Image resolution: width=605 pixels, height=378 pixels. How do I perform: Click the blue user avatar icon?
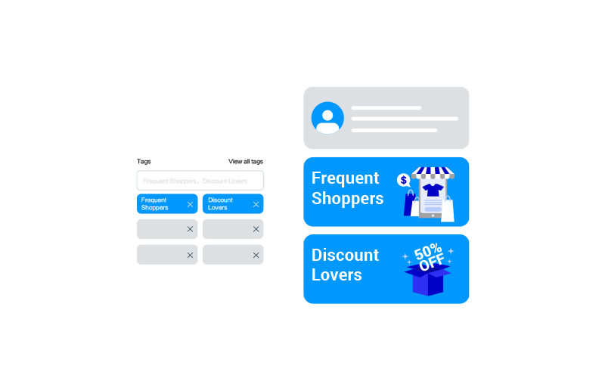tap(327, 118)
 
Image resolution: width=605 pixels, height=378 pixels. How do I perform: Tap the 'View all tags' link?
tap(246, 162)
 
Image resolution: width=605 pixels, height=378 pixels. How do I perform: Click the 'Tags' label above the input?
tap(144, 162)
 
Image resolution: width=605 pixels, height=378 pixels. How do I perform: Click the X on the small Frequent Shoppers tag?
tap(190, 204)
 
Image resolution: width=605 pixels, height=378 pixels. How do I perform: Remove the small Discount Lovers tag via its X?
tap(256, 204)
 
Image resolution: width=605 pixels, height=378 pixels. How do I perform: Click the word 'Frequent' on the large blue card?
tap(345, 178)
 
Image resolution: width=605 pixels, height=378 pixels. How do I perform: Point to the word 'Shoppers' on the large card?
tap(347, 198)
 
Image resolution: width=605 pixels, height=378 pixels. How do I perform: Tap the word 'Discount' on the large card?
tap(345, 256)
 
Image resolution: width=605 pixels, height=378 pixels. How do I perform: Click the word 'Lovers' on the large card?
tap(337, 275)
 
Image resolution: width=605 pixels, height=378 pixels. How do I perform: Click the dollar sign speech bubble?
tap(403, 180)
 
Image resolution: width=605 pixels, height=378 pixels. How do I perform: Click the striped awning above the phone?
tap(433, 173)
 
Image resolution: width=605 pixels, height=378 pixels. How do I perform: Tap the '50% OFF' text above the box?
tap(430, 256)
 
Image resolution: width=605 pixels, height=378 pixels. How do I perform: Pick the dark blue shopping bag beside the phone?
tap(410, 204)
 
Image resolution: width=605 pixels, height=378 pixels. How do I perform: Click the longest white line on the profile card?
tap(405, 119)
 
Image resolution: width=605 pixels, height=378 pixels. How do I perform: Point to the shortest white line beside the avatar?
tap(386, 108)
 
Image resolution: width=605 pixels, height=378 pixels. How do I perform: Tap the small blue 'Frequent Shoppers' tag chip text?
tap(154, 204)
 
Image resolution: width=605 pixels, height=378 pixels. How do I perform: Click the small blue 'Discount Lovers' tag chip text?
tap(220, 204)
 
